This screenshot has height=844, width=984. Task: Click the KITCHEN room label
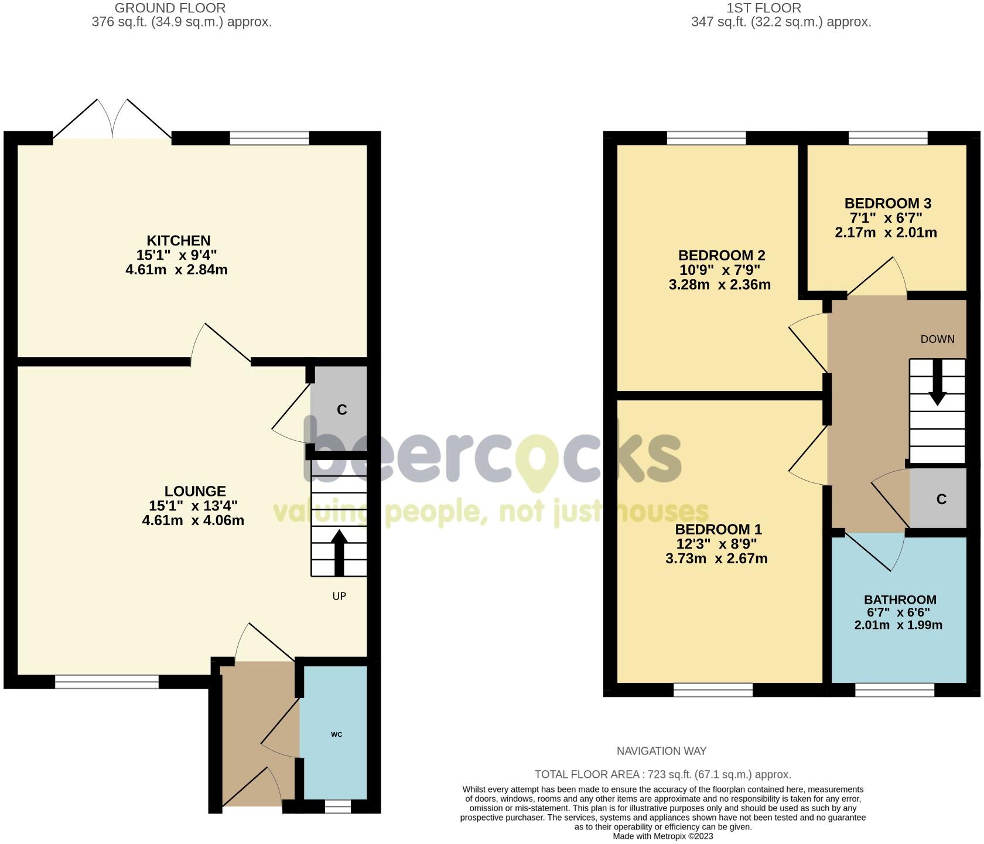(179, 240)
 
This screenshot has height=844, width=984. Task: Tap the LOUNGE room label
(195, 491)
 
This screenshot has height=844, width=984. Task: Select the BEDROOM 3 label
(887, 203)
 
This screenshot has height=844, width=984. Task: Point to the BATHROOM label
(900, 600)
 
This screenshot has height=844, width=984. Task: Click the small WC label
(336, 734)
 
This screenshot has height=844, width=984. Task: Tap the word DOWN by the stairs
(937, 339)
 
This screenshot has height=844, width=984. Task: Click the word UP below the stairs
(339, 596)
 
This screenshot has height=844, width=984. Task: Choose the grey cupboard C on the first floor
(938, 499)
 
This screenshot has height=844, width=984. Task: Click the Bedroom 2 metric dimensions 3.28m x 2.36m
(719, 285)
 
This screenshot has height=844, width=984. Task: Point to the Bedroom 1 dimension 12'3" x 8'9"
(716, 543)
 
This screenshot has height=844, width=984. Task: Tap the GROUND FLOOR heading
(170, 8)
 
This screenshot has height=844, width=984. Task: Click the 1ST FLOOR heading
(764, 8)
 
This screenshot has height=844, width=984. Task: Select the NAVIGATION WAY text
(661, 751)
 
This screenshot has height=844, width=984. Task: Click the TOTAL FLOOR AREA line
(662, 774)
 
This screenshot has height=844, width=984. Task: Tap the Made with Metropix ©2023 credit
(663, 836)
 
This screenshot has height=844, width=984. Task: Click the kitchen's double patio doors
(112, 119)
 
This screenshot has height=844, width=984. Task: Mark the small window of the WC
(338, 807)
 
